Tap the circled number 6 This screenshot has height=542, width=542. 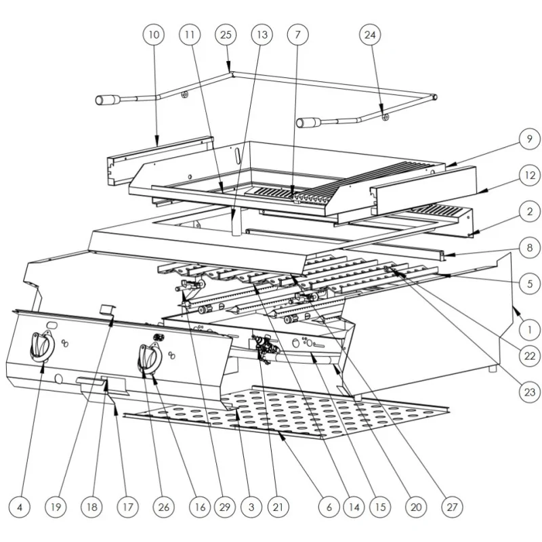329,507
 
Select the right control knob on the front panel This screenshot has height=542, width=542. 148,357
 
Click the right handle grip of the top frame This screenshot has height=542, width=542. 309,123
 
